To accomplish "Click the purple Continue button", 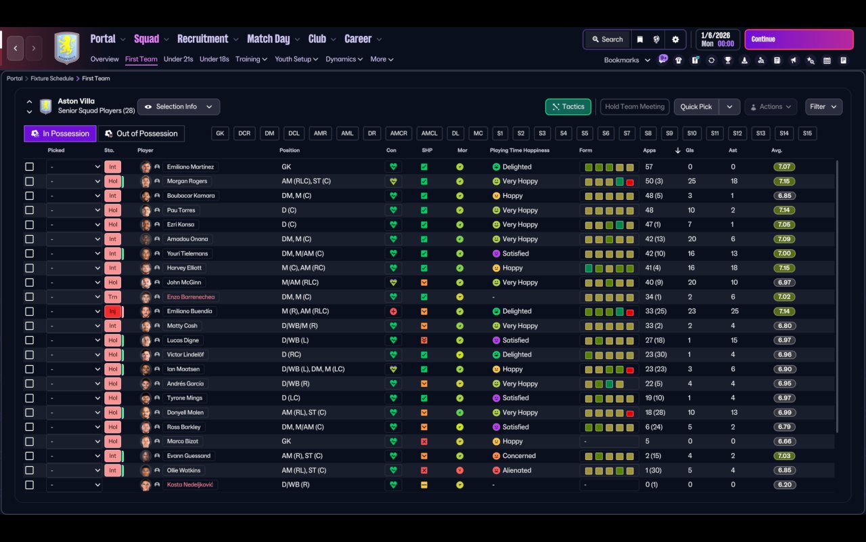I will [798, 39].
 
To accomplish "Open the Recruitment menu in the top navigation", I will [203, 39].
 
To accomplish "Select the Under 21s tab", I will [178, 59].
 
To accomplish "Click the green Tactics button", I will [568, 106].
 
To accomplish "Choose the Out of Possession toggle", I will [141, 133].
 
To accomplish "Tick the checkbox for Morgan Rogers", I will [29, 182].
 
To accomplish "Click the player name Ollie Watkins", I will [183, 470].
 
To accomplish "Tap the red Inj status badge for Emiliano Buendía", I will [112, 312].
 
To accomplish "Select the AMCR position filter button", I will [398, 133].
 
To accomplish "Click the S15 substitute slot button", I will [806, 133].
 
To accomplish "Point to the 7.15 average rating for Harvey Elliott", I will [785, 268].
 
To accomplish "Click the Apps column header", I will [649, 150].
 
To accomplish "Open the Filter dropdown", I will [823, 106].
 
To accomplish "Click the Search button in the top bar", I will [607, 39].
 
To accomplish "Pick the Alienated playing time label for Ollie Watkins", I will [517, 470].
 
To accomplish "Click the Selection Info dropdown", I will [179, 106].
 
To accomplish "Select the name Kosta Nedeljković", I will [191, 485].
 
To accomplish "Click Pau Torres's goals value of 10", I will [691, 211].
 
